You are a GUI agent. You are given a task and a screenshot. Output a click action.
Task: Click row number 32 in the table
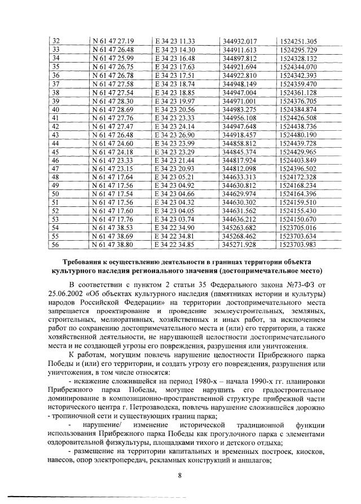[55, 41]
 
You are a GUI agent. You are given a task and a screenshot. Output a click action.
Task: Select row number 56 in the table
[55, 245]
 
